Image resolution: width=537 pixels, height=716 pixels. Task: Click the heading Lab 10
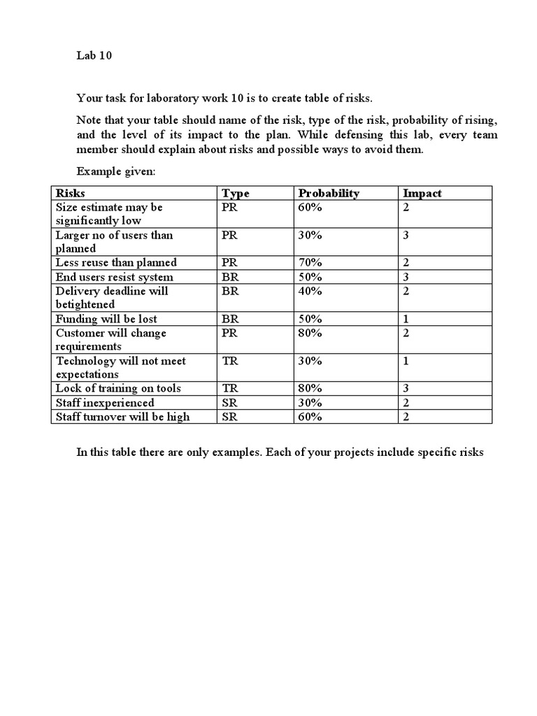pos(94,57)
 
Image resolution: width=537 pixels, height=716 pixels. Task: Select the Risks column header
pos(71,193)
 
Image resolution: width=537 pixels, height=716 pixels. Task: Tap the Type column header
pos(235,193)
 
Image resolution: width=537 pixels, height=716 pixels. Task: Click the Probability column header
pos(329,193)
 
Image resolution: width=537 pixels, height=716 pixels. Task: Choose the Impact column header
pos(422,193)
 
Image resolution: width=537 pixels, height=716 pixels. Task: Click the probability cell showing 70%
pos(310,263)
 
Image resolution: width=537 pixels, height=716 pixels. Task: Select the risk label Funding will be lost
pos(106,319)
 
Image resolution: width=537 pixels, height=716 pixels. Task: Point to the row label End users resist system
pos(115,277)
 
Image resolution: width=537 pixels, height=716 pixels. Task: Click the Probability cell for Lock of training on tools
pos(310,389)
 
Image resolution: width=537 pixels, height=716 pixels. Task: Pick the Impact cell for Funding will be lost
pos(406,319)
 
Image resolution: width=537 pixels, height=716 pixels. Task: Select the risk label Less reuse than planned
pos(116,263)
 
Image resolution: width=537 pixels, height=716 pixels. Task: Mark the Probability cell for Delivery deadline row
pos(310,291)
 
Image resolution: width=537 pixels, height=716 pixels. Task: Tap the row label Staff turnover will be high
pos(122,417)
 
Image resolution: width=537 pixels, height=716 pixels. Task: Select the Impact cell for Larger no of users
pos(406,235)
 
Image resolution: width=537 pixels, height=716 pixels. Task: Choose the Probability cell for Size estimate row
pos(310,207)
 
